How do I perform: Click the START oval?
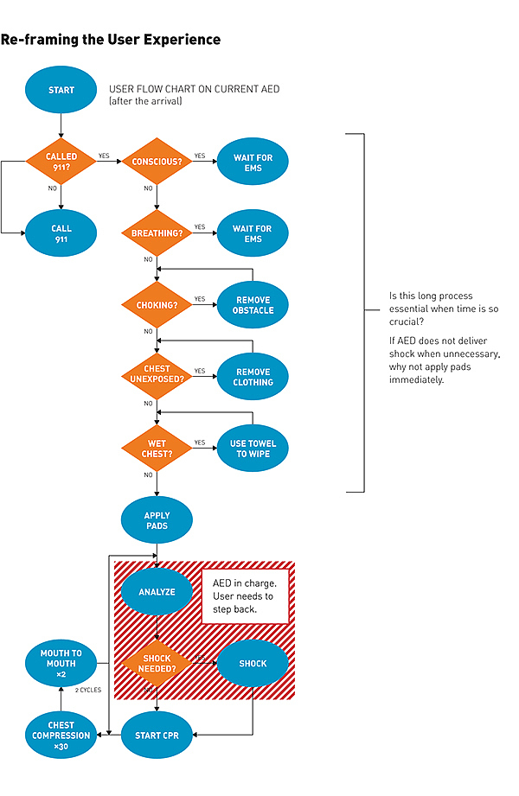coord(61,90)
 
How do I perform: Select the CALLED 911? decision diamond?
coord(61,162)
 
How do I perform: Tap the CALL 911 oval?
coord(61,233)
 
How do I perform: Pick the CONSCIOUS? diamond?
coord(157,162)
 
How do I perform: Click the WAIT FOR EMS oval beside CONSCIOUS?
coord(252,162)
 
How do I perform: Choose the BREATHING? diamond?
coord(157,233)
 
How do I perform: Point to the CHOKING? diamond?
coord(157,305)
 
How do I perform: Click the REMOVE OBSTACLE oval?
coord(253,305)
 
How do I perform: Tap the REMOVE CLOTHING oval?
coord(253,377)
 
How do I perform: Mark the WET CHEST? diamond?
coord(157,449)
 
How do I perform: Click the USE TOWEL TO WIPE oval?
coord(253,449)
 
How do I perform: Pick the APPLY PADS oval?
coord(157,520)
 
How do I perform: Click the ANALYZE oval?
coord(157,592)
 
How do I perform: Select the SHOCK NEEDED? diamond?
coord(157,664)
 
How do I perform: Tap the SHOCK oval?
coord(252,664)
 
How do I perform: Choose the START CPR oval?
coord(157,736)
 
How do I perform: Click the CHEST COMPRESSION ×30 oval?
coord(61,736)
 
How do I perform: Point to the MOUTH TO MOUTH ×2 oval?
coord(61,664)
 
